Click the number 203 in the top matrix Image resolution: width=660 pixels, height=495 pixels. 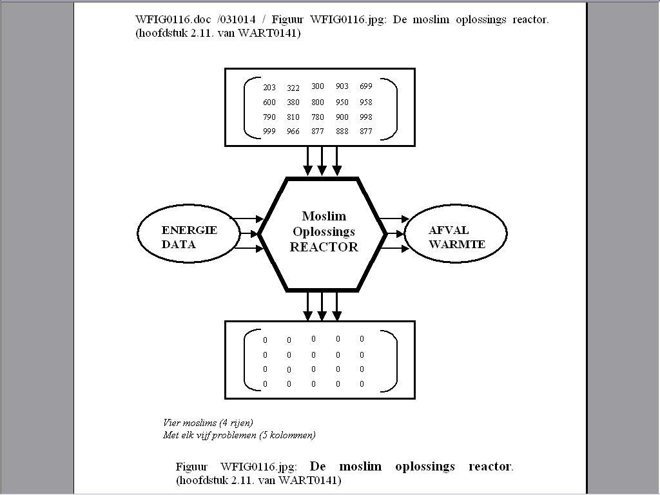tap(269, 88)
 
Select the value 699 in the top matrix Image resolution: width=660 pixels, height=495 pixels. tap(366, 86)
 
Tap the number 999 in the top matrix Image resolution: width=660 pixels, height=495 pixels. tap(269, 131)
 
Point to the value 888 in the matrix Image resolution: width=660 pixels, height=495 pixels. tap(342, 131)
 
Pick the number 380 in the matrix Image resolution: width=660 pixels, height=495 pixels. tap(293, 102)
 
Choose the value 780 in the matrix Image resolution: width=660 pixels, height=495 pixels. tap(318, 117)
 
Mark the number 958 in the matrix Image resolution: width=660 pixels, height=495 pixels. tap(366, 102)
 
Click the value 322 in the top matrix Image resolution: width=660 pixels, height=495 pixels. tap(293, 88)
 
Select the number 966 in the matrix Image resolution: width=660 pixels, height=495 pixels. tap(293, 131)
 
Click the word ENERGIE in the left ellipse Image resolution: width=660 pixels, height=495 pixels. tap(189, 231)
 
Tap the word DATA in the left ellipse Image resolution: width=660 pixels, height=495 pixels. tap(179, 245)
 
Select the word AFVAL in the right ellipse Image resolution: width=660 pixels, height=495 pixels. tap(449, 231)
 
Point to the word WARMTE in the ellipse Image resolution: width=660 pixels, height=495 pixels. tap(457, 245)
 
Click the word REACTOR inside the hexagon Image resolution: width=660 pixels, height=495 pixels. tap(324, 247)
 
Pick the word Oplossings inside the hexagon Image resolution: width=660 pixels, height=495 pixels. tap(324, 232)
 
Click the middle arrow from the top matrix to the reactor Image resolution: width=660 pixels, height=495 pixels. tap(322, 160)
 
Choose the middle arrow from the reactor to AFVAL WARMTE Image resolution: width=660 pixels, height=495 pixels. tap(393, 233)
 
